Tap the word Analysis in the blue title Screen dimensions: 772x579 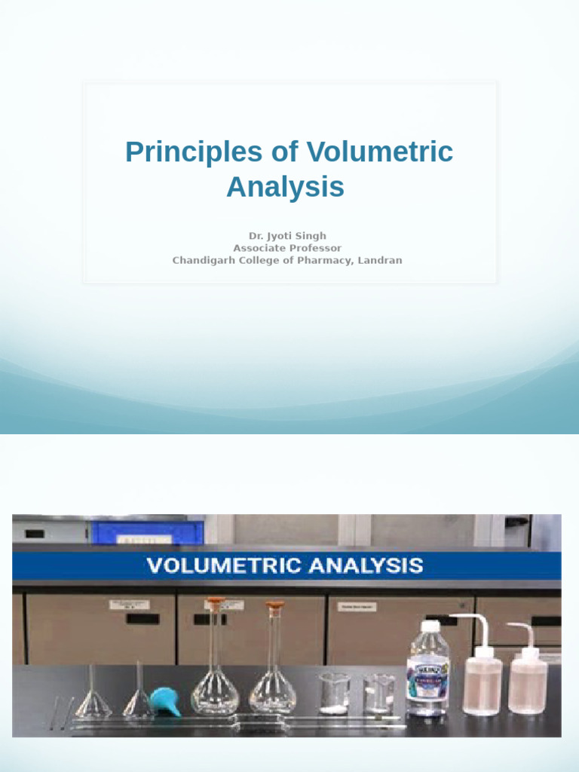point(285,187)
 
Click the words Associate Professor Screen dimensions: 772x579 point(287,248)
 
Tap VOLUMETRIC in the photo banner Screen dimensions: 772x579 point(219,565)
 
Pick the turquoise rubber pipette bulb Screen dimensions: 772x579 point(165,701)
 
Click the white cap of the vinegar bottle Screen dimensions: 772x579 point(430,626)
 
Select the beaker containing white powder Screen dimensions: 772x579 point(333,694)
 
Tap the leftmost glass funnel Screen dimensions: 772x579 point(93,694)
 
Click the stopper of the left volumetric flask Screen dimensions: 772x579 point(216,604)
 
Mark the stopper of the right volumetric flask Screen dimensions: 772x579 point(274,605)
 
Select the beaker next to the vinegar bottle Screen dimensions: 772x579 point(378,694)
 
